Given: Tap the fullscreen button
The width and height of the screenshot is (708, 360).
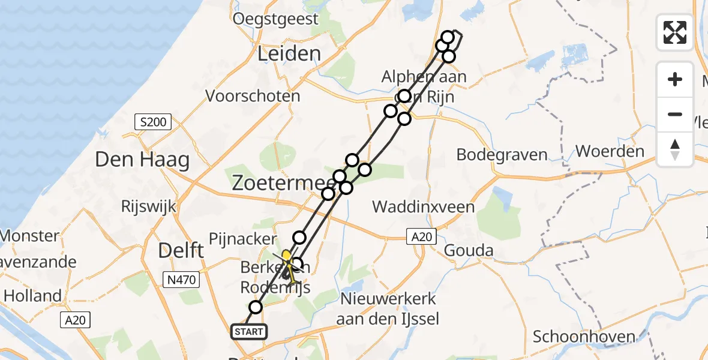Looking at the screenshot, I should (675, 32).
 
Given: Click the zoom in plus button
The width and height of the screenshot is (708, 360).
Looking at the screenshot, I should (675, 79).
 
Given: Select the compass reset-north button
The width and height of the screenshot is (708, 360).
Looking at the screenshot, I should (675, 149).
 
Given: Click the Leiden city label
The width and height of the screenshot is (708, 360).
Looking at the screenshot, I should (289, 54).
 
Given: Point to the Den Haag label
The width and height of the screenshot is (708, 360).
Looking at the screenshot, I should (142, 160).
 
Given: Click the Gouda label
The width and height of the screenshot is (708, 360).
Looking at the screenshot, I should (469, 251).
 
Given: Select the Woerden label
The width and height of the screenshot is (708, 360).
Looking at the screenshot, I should (610, 151).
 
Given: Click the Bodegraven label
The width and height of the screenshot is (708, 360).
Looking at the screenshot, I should (502, 155).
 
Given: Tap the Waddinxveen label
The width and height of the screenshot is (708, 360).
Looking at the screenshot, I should (424, 208).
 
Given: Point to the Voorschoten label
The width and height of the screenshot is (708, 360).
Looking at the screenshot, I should (253, 96).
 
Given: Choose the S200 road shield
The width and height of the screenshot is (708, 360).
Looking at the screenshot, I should (152, 123).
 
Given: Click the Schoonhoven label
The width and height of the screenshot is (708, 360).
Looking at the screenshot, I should (584, 337).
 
